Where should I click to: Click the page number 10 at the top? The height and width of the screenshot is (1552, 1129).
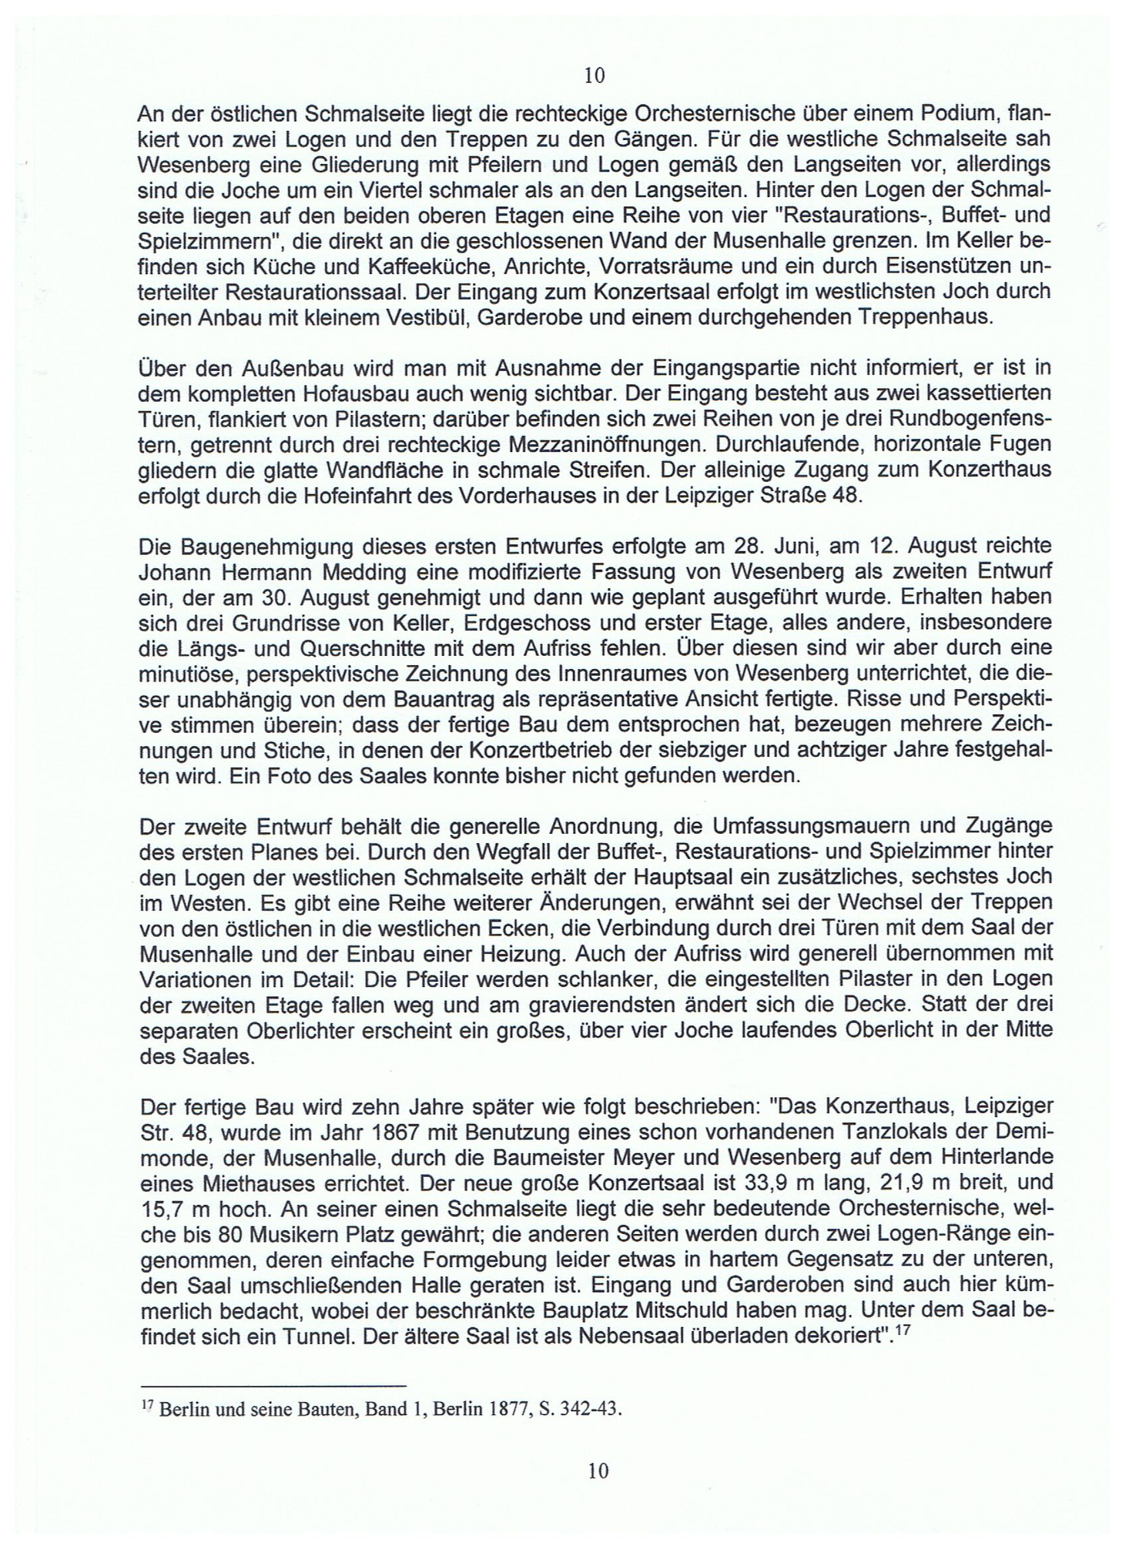595,75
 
